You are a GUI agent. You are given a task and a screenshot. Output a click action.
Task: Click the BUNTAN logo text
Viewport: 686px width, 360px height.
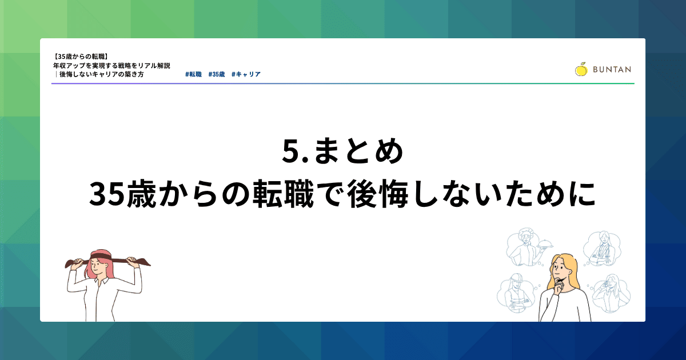(612, 70)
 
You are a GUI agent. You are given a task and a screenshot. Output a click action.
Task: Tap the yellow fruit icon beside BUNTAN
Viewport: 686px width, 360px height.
(581, 69)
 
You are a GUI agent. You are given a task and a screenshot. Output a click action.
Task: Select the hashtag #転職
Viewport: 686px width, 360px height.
(194, 74)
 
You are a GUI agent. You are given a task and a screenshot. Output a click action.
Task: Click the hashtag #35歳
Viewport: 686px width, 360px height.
(217, 74)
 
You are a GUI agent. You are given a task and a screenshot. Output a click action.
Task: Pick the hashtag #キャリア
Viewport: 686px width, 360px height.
(246, 74)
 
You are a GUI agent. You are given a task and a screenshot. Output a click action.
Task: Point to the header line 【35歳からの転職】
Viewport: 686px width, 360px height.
(81, 57)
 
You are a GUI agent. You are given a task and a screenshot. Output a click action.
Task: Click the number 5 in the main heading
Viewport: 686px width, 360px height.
(290, 151)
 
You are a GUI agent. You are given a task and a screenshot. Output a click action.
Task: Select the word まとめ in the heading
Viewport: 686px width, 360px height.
(358, 151)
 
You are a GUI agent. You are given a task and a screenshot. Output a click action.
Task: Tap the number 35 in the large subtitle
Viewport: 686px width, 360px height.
(107, 194)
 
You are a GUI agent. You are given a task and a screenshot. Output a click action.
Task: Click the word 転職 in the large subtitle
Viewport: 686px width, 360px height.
(284, 194)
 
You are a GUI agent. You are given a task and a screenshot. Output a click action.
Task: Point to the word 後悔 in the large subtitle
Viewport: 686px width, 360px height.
(378, 194)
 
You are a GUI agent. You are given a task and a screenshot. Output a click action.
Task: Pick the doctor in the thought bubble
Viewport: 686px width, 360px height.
(601, 249)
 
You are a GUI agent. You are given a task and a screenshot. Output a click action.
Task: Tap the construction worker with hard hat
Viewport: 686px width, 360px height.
(516, 293)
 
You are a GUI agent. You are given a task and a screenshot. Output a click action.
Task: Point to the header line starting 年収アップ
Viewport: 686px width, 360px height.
(111, 66)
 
